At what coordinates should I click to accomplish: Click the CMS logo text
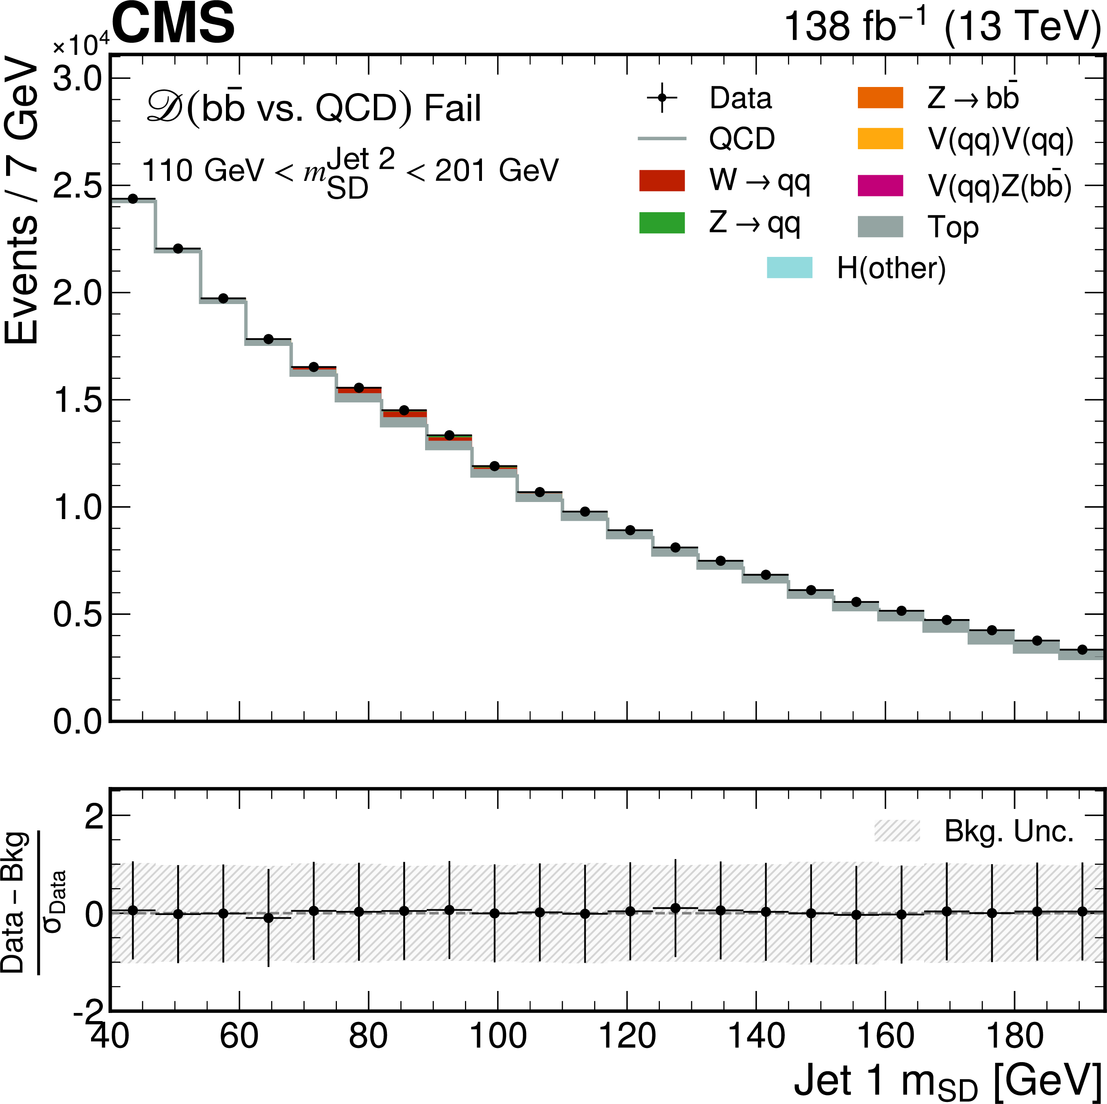click(x=174, y=24)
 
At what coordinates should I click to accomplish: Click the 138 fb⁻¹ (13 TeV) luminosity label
click(x=942, y=26)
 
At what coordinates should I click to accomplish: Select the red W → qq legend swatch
click(x=662, y=180)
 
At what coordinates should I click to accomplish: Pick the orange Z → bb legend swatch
click(x=880, y=98)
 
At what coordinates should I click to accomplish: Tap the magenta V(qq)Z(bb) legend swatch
click(x=880, y=185)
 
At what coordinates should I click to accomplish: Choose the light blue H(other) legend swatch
click(x=790, y=268)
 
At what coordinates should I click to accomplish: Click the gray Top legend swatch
click(x=880, y=226)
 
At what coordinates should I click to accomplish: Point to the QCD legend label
click(x=742, y=139)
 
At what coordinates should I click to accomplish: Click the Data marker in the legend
click(x=662, y=98)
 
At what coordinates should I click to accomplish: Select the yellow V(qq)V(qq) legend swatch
click(x=880, y=139)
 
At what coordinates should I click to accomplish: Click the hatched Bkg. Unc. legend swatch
click(x=897, y=830)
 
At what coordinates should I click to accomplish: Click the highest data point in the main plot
click(x=133, y=199)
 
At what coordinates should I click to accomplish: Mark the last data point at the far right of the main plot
click(x=1082, y=650)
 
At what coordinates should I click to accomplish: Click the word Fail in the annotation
click(x=453, y=109)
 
